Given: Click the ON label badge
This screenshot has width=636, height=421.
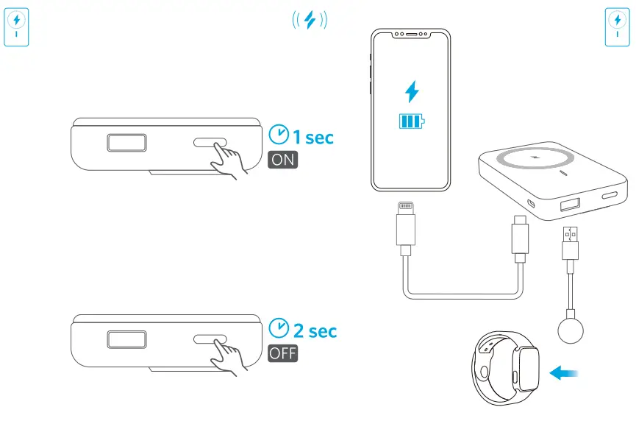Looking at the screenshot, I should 283,160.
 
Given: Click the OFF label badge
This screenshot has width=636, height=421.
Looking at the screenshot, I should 283,353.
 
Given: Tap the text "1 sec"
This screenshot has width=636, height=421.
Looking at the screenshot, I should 313,137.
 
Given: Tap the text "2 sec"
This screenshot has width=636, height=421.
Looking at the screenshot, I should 313,330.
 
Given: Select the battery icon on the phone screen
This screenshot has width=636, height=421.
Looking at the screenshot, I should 412,121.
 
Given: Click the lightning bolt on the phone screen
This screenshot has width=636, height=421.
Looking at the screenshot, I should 412,92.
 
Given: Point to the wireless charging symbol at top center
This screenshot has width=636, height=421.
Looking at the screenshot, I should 310,21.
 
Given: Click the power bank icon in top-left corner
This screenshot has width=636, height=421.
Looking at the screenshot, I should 17,28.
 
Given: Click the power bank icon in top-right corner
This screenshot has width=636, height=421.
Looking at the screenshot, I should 616,28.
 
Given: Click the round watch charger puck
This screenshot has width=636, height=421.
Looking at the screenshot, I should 571,330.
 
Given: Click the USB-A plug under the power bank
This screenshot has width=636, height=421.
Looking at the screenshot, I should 571,243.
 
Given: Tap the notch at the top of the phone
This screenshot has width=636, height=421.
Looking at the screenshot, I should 410,35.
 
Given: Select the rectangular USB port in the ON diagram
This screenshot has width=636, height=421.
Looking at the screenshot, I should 128,142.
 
